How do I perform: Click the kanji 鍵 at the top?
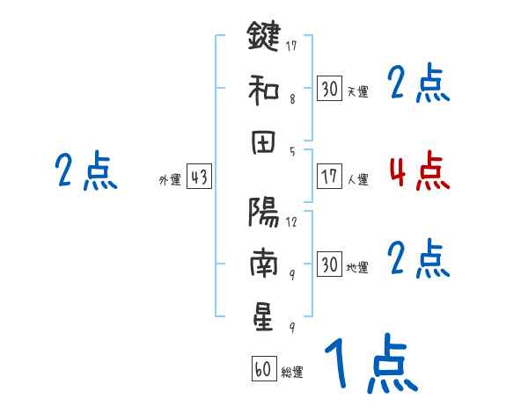[263, 36]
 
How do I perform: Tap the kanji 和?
[263, 90]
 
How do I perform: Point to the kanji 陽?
[263, 211]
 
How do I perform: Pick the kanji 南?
[263, 264]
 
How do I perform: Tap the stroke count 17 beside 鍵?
[291, 45]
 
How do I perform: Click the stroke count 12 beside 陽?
[291, 222]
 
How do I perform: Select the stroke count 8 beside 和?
[291, 99]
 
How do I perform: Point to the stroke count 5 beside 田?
[291, 152]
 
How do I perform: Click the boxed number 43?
[199, 178]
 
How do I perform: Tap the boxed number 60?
[262, 370]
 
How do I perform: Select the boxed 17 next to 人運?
[328, 177]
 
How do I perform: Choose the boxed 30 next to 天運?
[328, 89]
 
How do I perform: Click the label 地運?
[357, 268]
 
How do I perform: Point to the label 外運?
[170, 180]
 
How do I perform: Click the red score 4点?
[419, 171]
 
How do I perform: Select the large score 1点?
[370, 365]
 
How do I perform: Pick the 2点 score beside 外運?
[85, 171]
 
